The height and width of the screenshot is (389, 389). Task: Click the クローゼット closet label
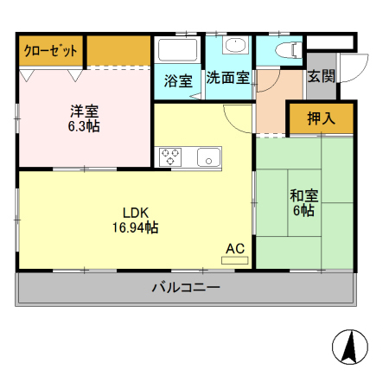click(50, 51)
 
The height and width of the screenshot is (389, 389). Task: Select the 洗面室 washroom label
click(227, 77)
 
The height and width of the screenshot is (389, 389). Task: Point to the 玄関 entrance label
click(321, 76)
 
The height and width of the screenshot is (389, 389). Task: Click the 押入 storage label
click(321, 119)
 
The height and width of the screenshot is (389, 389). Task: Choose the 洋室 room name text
click(84, 112)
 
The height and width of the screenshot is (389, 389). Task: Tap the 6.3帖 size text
click(84, 126)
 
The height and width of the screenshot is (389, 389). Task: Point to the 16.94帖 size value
click(135, 227)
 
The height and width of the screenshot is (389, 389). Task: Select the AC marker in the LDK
click(235, 249)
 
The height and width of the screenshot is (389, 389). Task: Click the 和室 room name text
click(303, 194)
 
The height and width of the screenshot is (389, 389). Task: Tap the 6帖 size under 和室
click(303, 210)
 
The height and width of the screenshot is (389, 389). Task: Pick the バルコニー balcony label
click(186, 288)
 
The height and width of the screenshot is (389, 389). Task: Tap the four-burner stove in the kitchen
click(169, 156)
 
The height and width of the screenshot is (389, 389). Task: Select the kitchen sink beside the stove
click(208, 156)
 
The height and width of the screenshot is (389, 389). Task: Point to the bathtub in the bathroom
click(177, 50)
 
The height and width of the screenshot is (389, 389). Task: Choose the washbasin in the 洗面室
click(233, 47)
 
